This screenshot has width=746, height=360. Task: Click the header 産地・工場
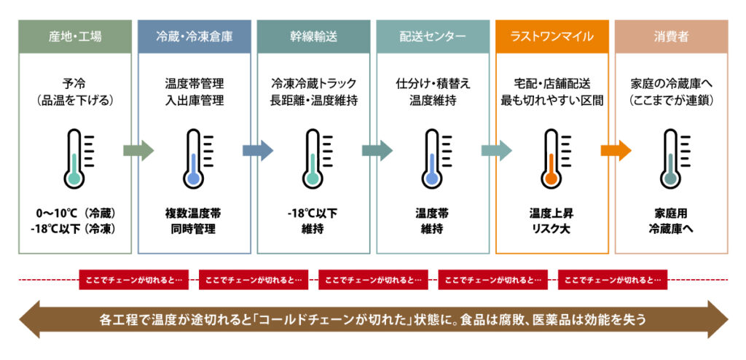(75, 36)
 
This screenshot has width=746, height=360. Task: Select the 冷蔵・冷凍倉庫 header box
(194, 36)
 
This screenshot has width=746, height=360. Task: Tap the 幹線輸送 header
(313, 36)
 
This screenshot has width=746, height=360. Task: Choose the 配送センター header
(433, 36)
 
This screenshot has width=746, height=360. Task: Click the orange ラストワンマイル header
(552, 36)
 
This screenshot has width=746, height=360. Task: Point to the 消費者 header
(671, 36)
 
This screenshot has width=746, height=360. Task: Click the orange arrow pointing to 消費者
(616, 150)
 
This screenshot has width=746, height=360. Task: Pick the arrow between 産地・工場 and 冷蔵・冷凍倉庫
(138, 150)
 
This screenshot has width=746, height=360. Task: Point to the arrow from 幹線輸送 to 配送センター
(377, 150)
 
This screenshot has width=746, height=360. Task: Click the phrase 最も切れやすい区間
(552, 101)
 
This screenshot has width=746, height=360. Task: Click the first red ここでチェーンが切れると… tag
(134, 280)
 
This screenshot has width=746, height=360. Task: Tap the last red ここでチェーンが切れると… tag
(613, 280)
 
